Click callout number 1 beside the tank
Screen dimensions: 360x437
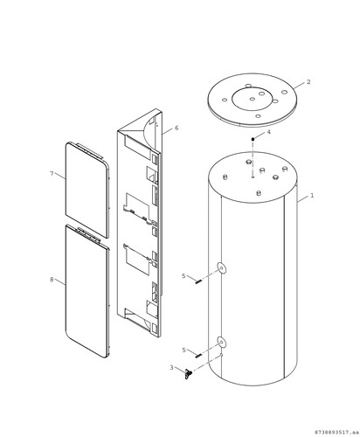point(312,195)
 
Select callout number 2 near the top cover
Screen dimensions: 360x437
point(308,82)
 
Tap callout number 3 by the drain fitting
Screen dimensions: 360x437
point(171,368)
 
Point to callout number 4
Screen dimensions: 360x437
point(268,132)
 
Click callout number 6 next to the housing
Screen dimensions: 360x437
point(177,128)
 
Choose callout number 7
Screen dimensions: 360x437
point(52,174)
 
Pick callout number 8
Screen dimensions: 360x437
point(52,280)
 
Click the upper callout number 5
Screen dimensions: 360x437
point(183,275)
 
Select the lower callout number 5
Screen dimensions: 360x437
point(183,350)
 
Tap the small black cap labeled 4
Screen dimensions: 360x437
point(253,139)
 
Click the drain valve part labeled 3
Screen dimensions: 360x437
point(188,373)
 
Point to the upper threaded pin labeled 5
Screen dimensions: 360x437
point(198,281)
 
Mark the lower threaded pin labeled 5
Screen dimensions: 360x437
point(198,355)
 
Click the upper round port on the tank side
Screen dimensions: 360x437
point(221,267)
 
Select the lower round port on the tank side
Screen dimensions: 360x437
point(221,342)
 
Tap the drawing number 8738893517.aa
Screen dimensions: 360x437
point(336,432)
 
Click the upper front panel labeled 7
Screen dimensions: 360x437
point(87,190)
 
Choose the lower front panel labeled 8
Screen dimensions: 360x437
point(87,291)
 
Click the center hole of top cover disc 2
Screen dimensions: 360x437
point(253,99)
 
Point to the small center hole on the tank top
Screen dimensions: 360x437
point(253,177)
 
